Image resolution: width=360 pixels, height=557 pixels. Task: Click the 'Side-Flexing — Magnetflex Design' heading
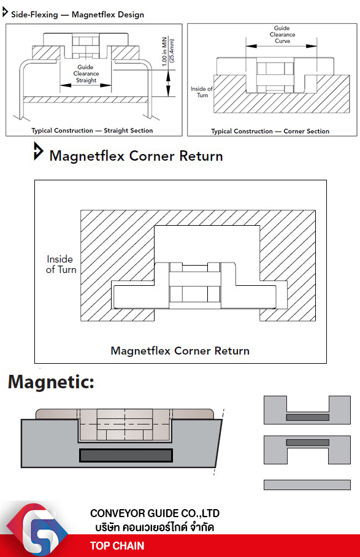[77, 15]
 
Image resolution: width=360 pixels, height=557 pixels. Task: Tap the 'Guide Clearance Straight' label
[86, 74]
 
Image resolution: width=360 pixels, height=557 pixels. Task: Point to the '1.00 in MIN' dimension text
[164, 52]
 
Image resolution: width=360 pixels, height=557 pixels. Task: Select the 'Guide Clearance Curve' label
[282, 34]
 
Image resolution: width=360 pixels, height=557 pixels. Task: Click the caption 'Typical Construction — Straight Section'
[92, 131]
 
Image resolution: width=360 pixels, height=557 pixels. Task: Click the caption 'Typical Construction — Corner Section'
[270, 131]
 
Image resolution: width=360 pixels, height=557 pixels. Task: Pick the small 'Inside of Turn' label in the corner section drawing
[202, 92]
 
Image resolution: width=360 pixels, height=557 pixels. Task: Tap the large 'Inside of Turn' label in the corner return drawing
[61, 264]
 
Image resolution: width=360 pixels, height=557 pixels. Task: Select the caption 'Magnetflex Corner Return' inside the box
[180, 351]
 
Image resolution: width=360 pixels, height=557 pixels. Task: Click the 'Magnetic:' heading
[51, 382]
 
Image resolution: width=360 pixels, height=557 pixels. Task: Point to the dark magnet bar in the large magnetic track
[126, 455]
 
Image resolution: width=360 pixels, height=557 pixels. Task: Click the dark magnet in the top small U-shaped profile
[307, 417]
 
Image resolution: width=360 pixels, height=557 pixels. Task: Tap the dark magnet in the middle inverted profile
[307, 443]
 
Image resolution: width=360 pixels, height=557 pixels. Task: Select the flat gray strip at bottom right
[307, 485]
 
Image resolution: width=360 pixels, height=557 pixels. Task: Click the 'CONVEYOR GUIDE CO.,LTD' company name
[155, 513]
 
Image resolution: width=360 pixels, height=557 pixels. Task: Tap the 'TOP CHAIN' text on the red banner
[117, 545]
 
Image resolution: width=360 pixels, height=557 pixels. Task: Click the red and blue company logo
[37, 529]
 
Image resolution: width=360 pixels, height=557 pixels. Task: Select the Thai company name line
[155, 527]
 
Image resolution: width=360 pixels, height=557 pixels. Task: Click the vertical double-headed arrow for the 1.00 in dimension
[168, 83]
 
